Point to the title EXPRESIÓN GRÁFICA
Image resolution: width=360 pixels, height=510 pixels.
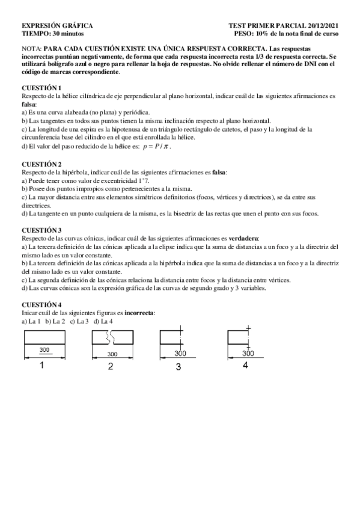pyautogui.click(x=58, y=26)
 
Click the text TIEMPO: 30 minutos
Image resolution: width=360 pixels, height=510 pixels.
pyautogui.click(x=53, y=34)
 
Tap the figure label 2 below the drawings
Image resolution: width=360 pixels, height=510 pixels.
pyautogui.click(x=111, y=366)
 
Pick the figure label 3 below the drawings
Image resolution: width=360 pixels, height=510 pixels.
pyautogui.click(x=178, y=366)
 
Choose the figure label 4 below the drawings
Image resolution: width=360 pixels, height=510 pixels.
pyautogui.click(x=245, y=365)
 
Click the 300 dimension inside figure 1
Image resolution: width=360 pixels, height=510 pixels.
pyautogui.click(x=44, y=349)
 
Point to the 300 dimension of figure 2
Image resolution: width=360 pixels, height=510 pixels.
pyautogui.click(x=112, y=354)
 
